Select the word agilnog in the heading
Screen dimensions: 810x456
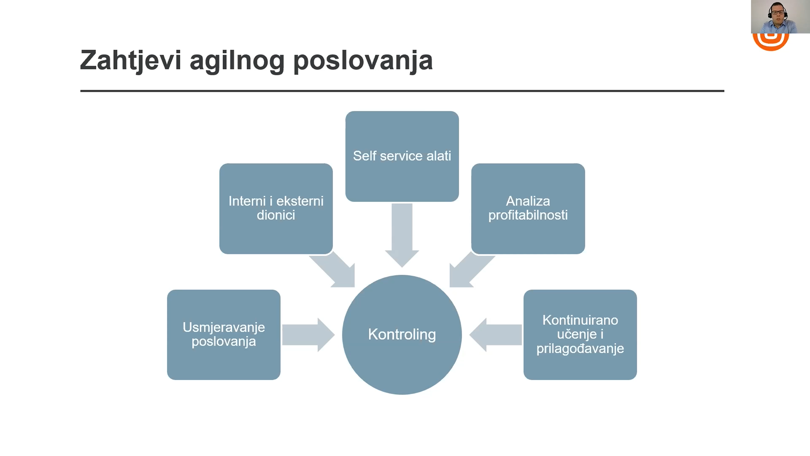pos(238,61)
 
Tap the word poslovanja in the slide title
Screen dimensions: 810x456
pos(363,61)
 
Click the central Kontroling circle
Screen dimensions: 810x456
pos(402,335)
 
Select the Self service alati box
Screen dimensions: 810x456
pos(402,156)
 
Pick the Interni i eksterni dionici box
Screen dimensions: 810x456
pos(276,209)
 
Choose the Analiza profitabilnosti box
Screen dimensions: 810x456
pos(528,209)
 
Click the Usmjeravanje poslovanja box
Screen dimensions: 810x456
pos(224,335)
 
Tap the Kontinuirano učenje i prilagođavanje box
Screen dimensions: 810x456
pos(580,335)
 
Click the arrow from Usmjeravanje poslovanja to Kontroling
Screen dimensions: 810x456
pos(308,335)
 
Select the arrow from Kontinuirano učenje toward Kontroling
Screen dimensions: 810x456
pos(495,335)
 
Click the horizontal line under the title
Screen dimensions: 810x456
pos(402,91)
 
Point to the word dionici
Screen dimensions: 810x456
pos(276,215)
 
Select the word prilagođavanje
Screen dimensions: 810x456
pos(580,349)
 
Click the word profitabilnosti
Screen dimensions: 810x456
pos(528,215)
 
